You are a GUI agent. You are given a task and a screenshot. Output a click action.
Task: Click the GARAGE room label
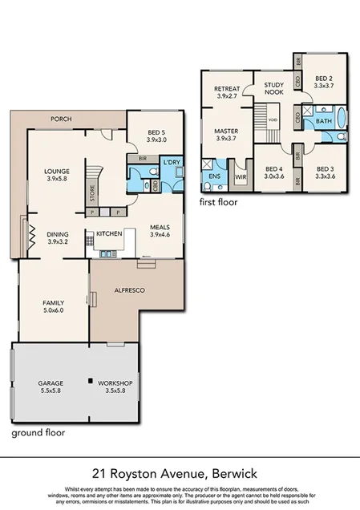[x=50, y=383]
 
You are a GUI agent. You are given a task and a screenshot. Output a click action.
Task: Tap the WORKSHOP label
[x=115, y=383]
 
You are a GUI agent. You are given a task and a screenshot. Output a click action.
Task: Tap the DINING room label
[x=57, y=234]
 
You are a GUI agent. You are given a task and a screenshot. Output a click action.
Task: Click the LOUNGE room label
[x=56, y=171]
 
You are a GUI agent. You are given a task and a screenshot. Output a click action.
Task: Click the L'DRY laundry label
[x=172, y=163]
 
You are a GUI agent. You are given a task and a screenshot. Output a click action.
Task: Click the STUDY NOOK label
[x=274, y=87]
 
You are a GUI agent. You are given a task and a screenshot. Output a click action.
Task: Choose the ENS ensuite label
[x=214, y=176]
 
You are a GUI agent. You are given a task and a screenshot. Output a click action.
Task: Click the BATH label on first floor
[x=323, y=120]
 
